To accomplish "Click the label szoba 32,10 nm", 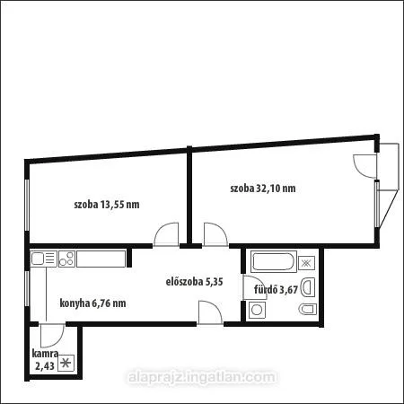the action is [263, 189].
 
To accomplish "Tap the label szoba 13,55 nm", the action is [107, 205].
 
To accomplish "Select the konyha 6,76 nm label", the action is [92, 303].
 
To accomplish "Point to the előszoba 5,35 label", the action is [194, 282].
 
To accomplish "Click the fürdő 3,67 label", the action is [276, 289].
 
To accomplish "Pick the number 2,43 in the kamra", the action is [45, 366].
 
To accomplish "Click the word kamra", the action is [45, 354].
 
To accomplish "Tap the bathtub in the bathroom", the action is [274, 261].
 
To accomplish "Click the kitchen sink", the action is [44, 259].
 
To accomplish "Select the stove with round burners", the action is [66, 259].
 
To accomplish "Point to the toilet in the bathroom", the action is [308, 309].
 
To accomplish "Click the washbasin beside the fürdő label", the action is [308, 287].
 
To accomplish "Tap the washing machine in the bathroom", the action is [257, 310].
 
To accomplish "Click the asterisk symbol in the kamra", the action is [66, 363].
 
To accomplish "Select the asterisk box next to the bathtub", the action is [306, 263].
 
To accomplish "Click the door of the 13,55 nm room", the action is [166, 234].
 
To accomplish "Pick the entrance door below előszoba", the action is [210, 312].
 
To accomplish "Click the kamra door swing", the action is [52, 336].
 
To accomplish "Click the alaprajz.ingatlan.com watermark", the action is [202, 377].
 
